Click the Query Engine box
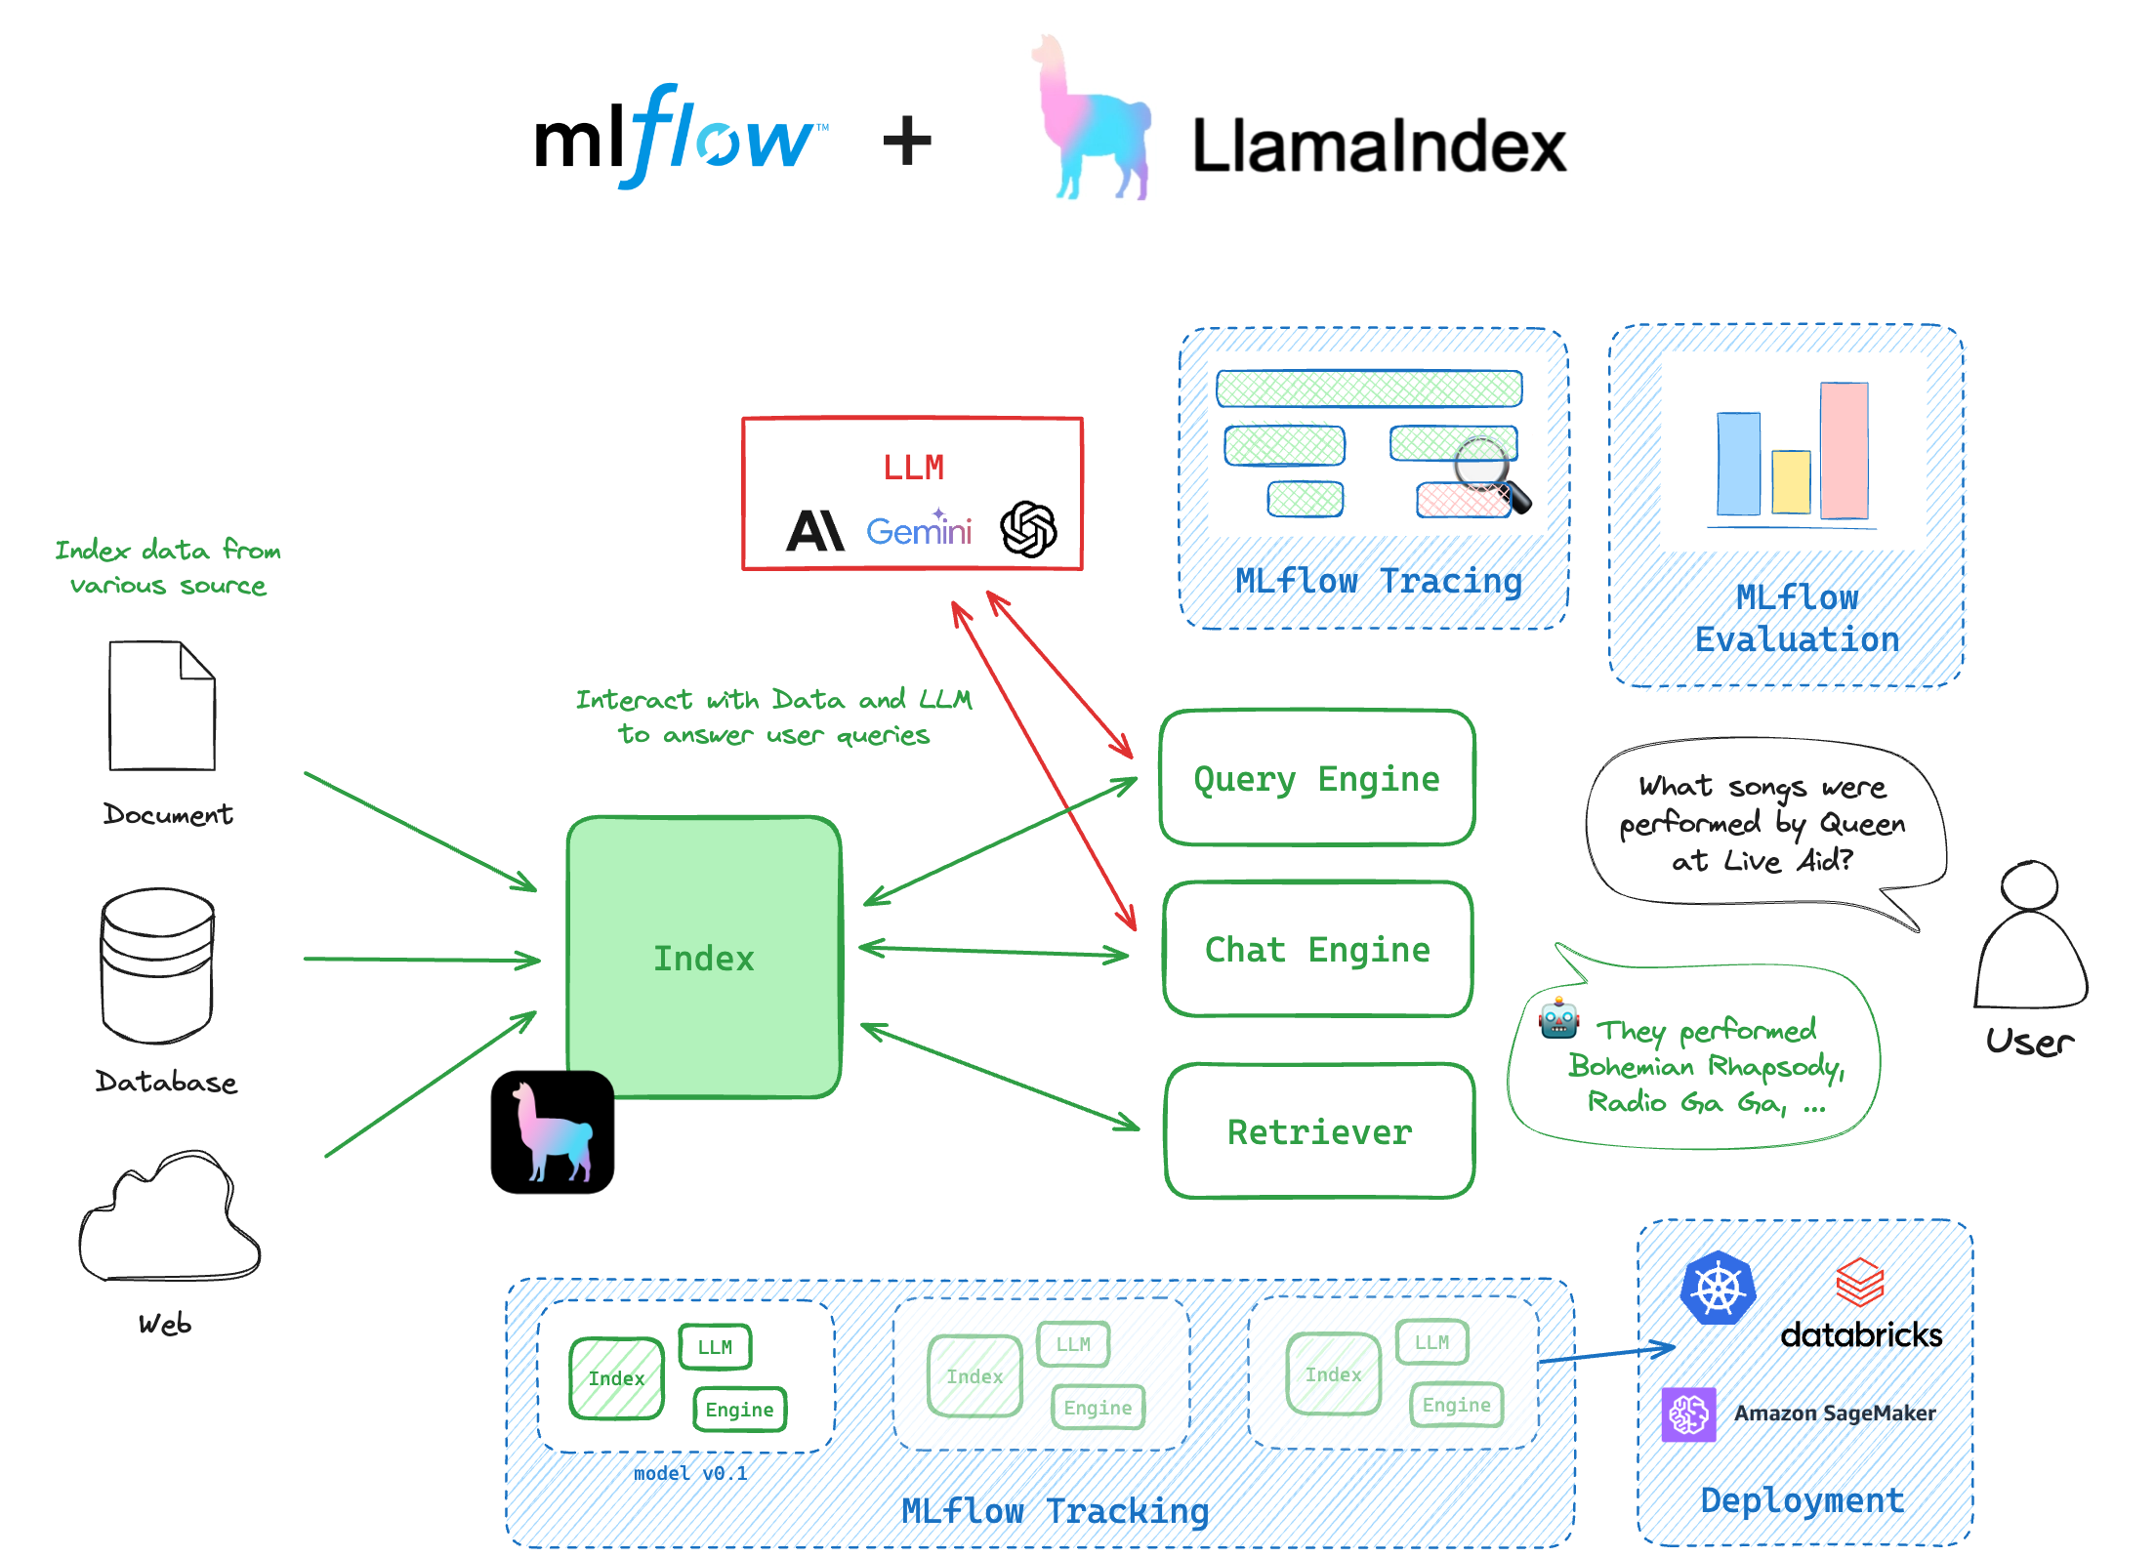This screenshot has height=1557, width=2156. point(1316,778)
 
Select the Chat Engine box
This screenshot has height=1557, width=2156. point(1317,949)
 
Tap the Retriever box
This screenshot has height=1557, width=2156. point(1319,1131)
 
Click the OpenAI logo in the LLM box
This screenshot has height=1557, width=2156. point(1028,529)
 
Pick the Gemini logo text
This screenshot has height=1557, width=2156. point(918,531)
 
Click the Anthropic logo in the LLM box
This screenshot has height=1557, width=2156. point(814,531)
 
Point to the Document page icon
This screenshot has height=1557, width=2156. point(162,706)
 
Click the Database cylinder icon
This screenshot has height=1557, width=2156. point(157,964)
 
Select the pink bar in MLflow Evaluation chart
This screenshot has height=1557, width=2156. point(1844,450)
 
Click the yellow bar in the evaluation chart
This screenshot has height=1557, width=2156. point(1791,481)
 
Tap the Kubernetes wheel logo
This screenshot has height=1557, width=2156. point(1718,1289)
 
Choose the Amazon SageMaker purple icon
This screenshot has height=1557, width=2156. point(1688,1414)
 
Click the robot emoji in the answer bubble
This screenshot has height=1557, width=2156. point(1558,1019)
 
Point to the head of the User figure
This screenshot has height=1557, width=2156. point(2029,886)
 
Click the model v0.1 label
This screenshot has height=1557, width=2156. point(690,1473)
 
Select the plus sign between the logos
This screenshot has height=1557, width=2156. point(907,142)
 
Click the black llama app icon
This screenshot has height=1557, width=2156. point(553,1132)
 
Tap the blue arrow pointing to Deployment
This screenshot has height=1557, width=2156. point(1606,1354)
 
